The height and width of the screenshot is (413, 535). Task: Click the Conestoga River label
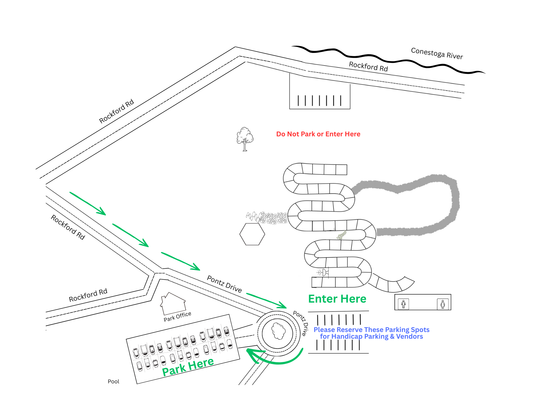coord(437,53)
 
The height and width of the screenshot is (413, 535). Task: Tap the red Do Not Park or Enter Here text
coord(318,134)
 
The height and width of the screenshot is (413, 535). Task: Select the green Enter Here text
coord(337,299)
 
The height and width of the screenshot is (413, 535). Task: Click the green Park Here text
coord(188,366)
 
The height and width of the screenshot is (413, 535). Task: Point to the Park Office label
coord(177,316)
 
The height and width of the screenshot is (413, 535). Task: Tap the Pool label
coord(113,381)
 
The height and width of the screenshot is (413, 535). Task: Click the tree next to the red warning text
coord(245,139)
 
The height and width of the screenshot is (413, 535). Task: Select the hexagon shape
coord(252,234)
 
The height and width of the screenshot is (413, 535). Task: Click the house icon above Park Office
coord(173,304)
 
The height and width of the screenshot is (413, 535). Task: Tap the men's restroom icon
coord(403,304)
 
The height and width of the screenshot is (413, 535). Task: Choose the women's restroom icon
coord(443,304)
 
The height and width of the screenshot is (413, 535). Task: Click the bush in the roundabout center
coord(278,331)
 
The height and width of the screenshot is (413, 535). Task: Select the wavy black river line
coord(388,60)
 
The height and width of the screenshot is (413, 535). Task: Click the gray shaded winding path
coord(452,209)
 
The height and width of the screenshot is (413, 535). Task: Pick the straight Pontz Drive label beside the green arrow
coord(224,284)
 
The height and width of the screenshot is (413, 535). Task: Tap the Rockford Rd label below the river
coord(368,66)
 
